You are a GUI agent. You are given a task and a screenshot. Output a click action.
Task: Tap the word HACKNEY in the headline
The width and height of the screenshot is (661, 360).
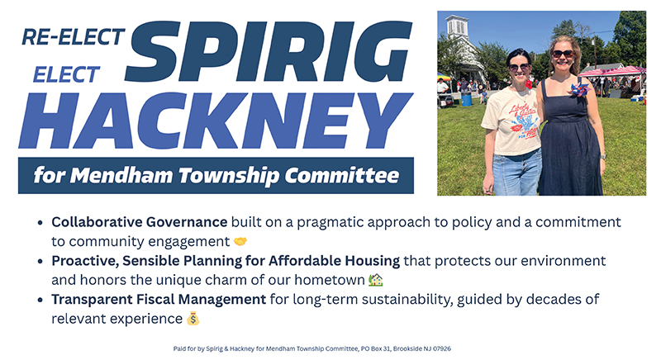(216, 120)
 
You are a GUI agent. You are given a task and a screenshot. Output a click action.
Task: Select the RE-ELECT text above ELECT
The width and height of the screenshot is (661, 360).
(74, 37)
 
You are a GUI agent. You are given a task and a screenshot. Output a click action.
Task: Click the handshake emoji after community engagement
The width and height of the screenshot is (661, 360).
(240, 242)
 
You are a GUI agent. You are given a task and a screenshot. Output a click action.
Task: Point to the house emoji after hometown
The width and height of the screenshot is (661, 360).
(376, 280)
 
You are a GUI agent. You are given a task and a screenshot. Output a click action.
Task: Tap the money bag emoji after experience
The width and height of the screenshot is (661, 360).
(193, 318)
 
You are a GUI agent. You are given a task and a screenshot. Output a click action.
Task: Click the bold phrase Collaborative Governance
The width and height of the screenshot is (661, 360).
(140, 223)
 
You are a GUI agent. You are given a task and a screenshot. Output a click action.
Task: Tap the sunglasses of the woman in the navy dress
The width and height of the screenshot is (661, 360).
(562, 54)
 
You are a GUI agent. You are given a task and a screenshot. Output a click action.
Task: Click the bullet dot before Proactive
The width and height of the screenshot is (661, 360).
(41, 261)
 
